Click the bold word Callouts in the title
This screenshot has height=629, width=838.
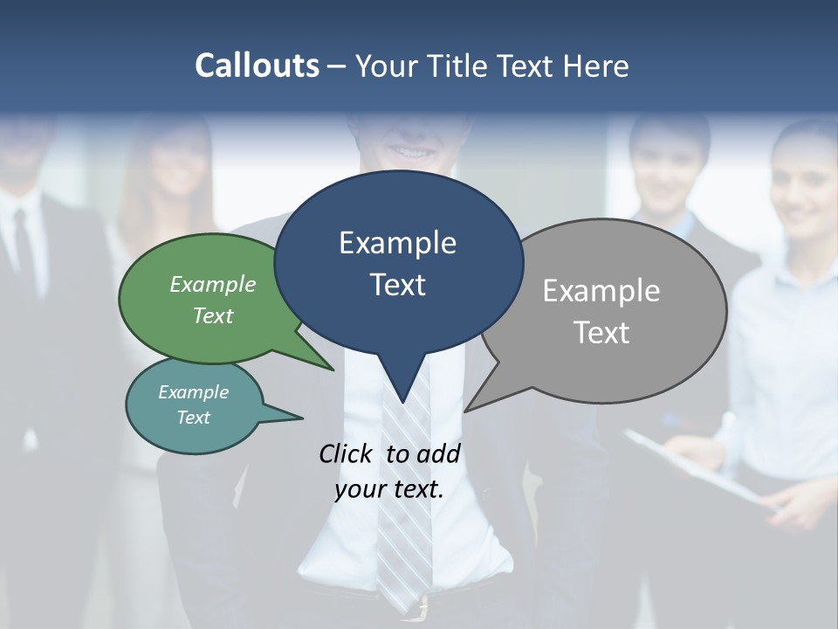click(x=257, y=66)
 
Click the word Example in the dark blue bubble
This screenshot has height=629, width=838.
click(x=397, y=243)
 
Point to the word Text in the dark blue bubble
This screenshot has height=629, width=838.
click(x=397, y=285)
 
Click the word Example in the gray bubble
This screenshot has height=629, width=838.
click(x=601, y=291)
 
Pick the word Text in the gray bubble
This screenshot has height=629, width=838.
click(x=601, y=333)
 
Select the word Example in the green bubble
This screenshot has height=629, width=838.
click(x=213, y=284)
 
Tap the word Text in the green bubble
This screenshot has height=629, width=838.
click(x=213, y=315)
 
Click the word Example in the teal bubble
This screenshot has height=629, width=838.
click(x=193, y=392)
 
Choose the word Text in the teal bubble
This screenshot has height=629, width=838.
click(x=193, y=418)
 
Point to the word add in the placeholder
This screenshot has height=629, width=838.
click(x=438, y=453)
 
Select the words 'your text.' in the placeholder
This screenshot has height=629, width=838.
click(x=389, y=489)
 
